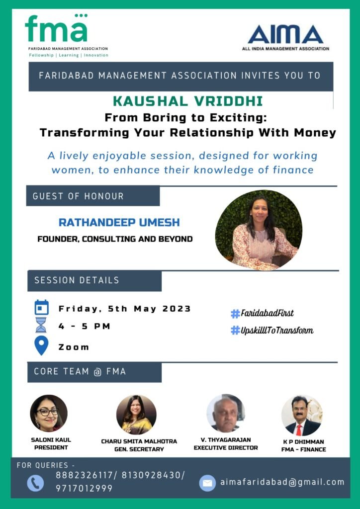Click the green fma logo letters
56,28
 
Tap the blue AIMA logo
285,34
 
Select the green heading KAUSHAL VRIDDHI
187,101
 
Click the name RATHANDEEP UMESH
119,223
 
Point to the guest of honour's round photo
259,230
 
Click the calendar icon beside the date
42,307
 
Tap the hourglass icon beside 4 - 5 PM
41,325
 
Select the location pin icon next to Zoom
41,345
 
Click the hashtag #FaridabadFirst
262,313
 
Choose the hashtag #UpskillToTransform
272,331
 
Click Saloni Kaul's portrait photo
49,413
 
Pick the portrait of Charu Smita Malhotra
136,415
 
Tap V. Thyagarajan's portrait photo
226,413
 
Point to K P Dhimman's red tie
299,430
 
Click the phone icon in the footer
35,483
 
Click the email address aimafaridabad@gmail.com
282,482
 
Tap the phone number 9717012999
85,488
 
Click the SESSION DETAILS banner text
77,280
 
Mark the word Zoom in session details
74,347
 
